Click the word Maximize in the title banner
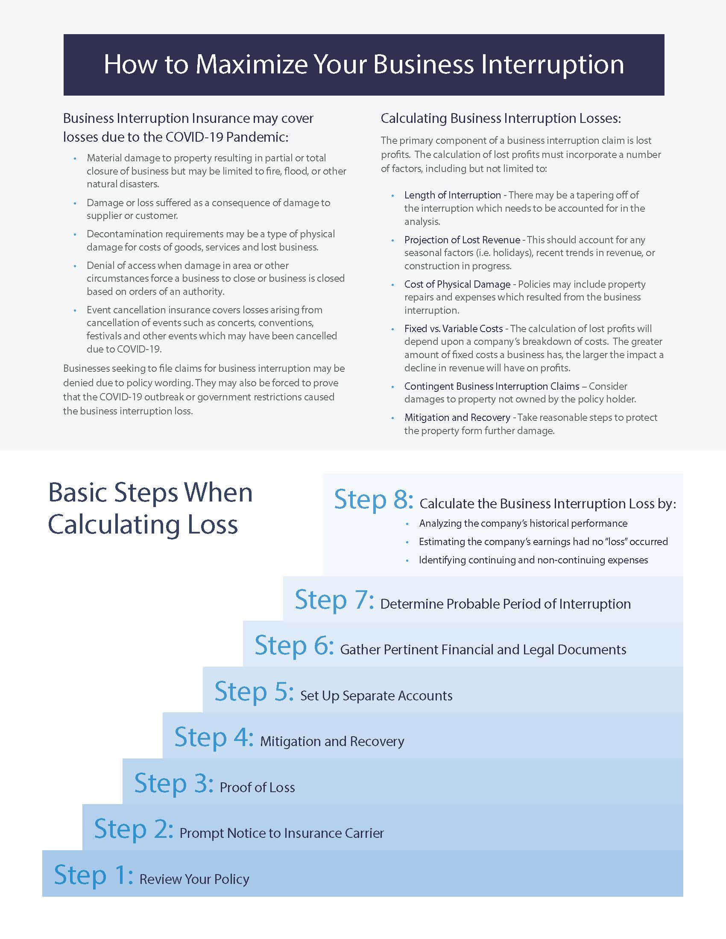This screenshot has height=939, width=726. (x=252, y=65)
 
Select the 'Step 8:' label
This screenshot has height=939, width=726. (x=373, y=500)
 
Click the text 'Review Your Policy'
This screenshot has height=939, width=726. (x=194, y=879)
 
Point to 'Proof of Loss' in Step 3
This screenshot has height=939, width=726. (x=257, y=787)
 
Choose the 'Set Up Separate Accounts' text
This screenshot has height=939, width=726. (x=376, y=696)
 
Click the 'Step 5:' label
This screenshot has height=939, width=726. (x=254, y=691)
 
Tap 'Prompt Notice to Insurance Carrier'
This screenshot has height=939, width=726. (x=281, y=833)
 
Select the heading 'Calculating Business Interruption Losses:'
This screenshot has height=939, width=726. (x=501, y=118)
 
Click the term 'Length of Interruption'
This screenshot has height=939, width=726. (x=452, y=195)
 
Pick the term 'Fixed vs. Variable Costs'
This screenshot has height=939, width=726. (x=453, y=329)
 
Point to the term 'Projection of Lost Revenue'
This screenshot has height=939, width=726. (x=462, y=240)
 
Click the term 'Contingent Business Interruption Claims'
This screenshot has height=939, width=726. (x=492, y=386)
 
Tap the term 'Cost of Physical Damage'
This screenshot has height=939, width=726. (x=457, y=284)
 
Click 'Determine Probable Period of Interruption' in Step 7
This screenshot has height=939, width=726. (x=505, y=604)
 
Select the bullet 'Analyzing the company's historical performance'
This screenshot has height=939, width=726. (x=523, y=523)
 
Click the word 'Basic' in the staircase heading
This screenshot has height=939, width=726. (x=77, y=493)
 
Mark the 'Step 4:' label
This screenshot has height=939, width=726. (x=214, y=738)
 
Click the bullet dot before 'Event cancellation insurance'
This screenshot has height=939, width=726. (x=75, y=310)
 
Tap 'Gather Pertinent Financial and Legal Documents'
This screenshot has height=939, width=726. (x=483, y=650)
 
